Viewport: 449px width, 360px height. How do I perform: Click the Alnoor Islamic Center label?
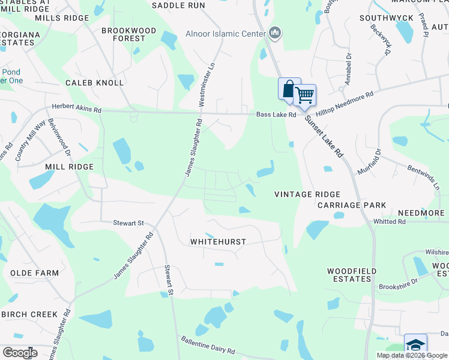coord(225,34)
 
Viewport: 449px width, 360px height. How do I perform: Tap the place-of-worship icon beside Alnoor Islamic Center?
coord(275,33)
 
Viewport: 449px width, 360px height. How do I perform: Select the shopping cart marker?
coord(305,95)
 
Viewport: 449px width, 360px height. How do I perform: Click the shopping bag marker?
coord(289,89)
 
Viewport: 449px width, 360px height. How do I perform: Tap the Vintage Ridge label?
coord(307,194)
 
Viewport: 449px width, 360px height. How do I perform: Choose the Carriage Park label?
coord(352,205)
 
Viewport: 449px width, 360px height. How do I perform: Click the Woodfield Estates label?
coord(352,275)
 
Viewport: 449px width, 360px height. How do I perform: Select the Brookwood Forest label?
coord(128,34)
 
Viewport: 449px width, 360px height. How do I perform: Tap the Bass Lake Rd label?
coord(277,115)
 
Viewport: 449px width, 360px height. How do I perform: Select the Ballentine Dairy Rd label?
coord(208,344)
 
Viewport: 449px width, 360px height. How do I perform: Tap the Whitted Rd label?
coord(390,221)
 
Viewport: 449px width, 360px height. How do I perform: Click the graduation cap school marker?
coord(415,345)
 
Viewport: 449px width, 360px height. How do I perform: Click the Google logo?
coord(20,352)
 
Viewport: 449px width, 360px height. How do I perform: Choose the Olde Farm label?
coord(35,273)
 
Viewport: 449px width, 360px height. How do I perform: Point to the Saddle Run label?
coord(178,5)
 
